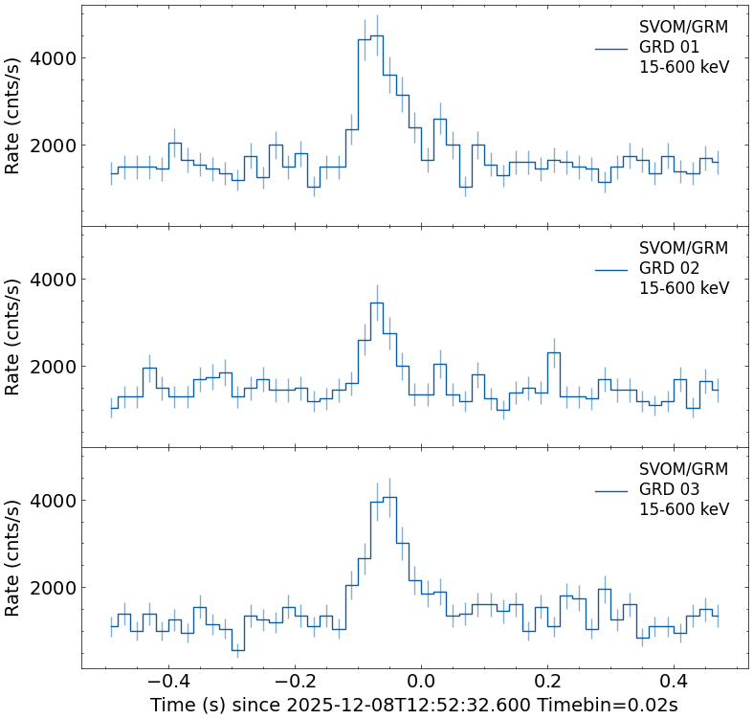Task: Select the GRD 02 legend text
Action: [669, 268]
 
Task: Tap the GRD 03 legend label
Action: [669, 489]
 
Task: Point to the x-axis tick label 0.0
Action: [421, 682]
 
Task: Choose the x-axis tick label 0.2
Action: [547, 682]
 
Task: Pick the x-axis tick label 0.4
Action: [674, 682]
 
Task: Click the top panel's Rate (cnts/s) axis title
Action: [13, 115]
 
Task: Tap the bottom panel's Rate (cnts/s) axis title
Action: [13, 557]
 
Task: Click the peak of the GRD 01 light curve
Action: [377, 36]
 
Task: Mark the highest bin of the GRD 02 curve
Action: [377, 303]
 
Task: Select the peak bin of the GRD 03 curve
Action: [389, 498]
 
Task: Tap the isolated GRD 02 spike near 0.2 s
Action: [554, 353]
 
